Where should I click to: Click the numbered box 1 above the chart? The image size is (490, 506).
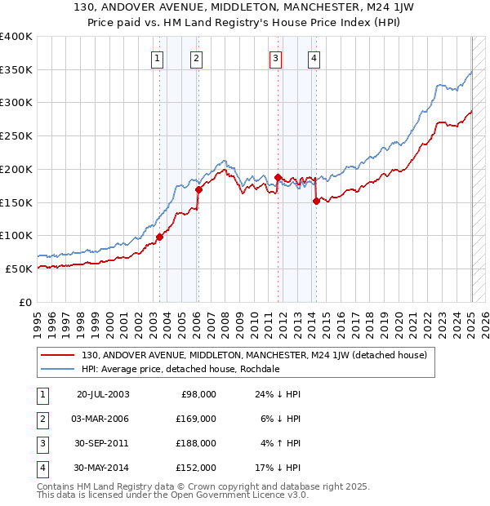point(156,58)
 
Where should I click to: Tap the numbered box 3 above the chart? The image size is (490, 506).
point(276,58)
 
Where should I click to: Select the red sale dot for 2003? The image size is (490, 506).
point(160,237)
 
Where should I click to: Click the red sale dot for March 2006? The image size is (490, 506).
point(198,189)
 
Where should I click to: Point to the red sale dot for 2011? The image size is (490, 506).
point(278,177)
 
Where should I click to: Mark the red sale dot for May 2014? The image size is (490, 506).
point(316,201)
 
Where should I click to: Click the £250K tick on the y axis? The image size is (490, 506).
point(16,135)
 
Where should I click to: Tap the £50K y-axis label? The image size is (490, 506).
point(19,269)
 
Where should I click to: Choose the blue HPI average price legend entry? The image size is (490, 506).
point(180,369)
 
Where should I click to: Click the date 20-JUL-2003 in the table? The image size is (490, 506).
point(103,394)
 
